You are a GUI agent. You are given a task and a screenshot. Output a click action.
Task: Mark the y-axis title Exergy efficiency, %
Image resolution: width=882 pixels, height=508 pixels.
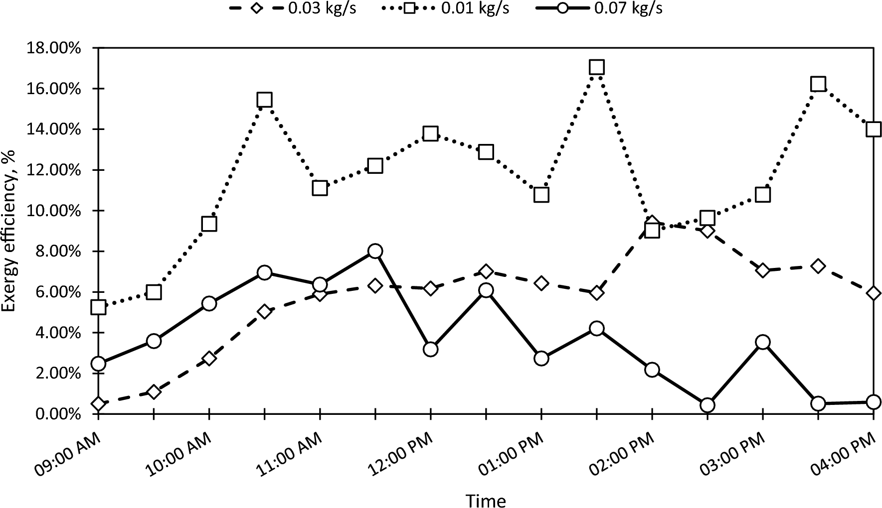[x=10, y=230]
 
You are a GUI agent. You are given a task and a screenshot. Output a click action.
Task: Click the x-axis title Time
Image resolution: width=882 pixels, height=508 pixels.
[x=485, y=500]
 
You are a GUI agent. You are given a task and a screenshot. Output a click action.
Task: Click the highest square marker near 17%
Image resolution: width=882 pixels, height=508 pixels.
[x=596, y=67]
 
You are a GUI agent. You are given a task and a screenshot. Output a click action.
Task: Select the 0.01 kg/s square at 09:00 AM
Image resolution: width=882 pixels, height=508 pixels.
[x=99, y=307]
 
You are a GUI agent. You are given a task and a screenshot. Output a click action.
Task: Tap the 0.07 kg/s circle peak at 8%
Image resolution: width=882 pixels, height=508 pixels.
[x=375, y=251]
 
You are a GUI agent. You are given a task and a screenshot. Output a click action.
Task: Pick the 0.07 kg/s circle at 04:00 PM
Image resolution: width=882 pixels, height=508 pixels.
[x=873, y=402]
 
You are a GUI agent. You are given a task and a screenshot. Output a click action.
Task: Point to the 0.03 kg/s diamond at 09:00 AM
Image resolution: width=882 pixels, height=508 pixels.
[x=99, y=403]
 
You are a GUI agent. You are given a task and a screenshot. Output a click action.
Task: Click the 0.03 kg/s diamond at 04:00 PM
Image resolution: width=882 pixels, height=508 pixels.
[x=873, y=293]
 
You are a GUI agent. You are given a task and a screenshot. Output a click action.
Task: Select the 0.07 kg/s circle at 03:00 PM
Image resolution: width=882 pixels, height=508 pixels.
[x=762, y=342]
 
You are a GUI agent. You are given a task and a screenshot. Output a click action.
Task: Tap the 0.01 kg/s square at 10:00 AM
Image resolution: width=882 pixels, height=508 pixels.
[x=209, y=224]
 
